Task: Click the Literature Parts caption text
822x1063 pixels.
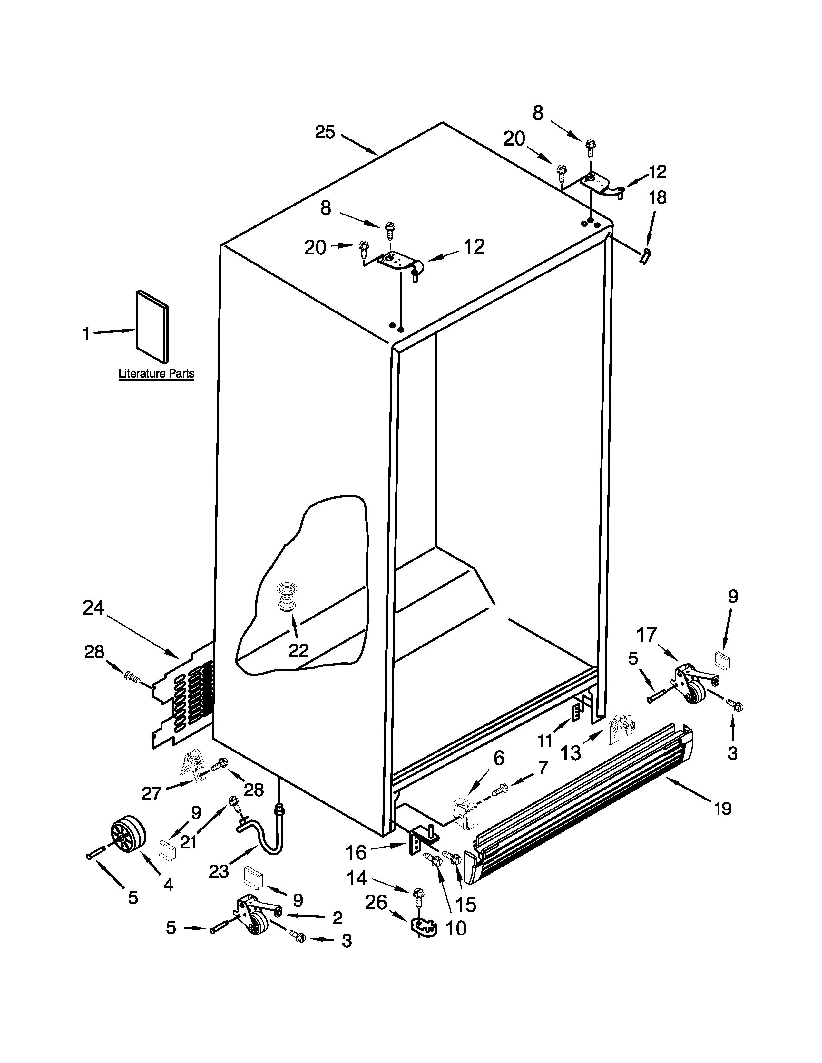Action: (156, 374)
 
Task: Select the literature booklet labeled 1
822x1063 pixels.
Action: (152, 327)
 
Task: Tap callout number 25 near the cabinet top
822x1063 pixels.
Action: (325, 132)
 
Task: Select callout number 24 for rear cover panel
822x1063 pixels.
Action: (93, 608)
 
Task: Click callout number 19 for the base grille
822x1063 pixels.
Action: (723, 809)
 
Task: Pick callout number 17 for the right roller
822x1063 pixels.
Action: (647, 635)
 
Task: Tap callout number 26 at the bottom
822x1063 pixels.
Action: (376, 902)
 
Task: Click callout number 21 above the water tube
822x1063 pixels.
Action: (189, 841)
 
